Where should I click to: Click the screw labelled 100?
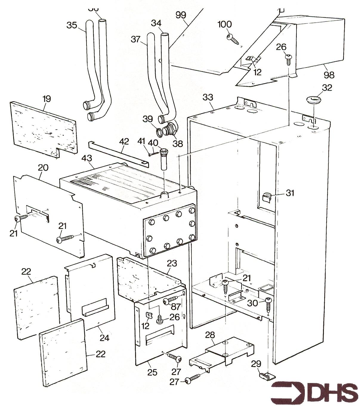tap(233, 39)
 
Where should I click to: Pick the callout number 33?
tap(208, 97)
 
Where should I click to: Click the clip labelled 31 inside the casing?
tap(267, 197)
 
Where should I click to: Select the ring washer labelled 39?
tap(160, 132)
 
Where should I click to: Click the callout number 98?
tap(329, 75)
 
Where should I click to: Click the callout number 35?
tap(72, 25)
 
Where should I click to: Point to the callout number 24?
tap(104, 338)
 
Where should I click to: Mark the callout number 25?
tap(152, 372)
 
